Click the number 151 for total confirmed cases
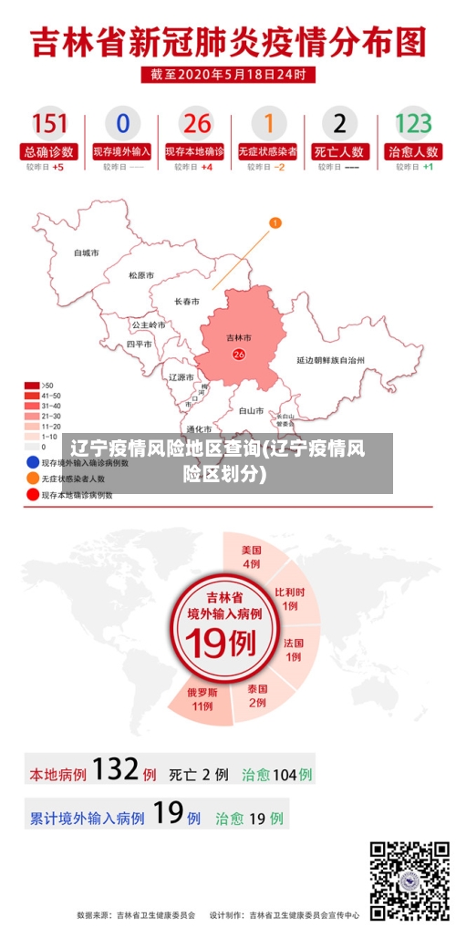[x=50, y=123]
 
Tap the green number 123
[x=412, y=123]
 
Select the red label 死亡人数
[x=340, y=151]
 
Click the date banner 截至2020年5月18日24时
[x=228, y=74]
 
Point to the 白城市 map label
[x=87, y=252]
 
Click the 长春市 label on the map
[x=187, y=301]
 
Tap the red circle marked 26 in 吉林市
[x=239, y=355]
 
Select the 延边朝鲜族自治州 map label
[x=331, y=360]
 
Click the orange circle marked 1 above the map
[x=275, y=222]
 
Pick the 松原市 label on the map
[x=141, y=275]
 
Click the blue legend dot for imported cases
[x=32, y=462]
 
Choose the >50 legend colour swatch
[x=32, y=385]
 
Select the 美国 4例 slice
[x=251, y=556]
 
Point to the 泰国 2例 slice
[x=257, y=695]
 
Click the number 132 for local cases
[x=115, y=770]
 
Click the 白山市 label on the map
[x=251, y=411]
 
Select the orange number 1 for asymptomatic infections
[x=268, y=123]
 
